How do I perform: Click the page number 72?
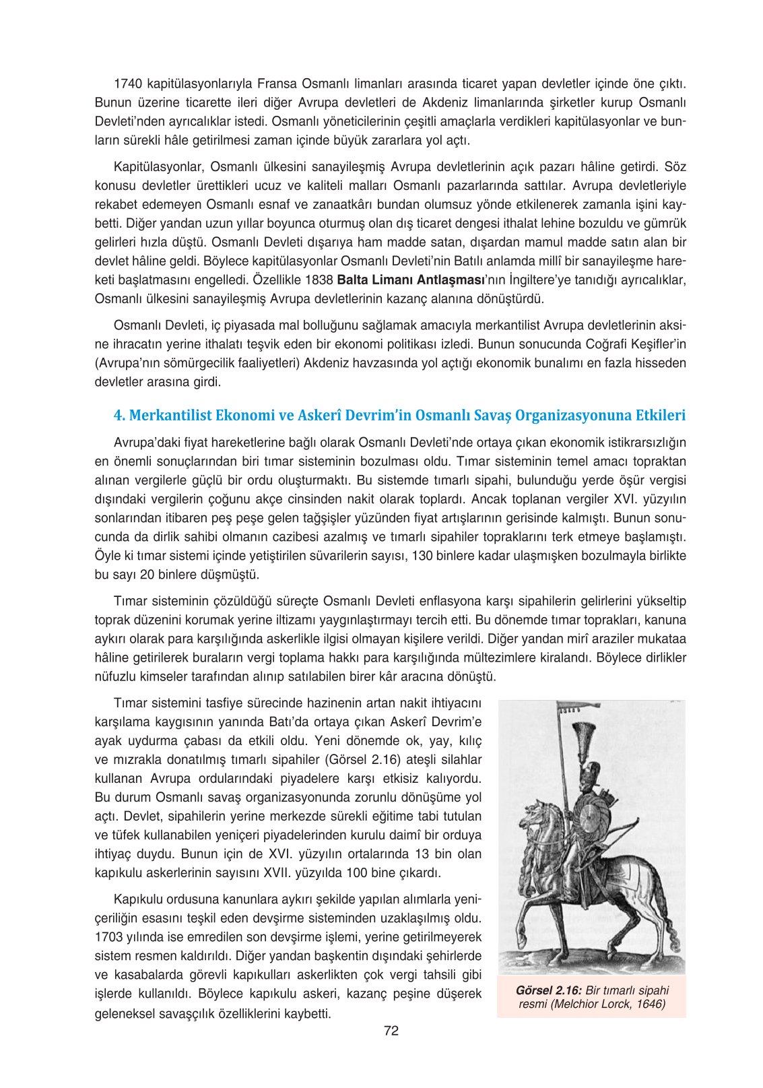tap(391, 1031)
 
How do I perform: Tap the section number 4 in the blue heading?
tap(119, 416)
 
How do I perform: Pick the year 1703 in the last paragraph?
tap(108, 937)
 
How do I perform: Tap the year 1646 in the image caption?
tap(651, 1004)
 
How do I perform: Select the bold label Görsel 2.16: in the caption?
tap(548, 990)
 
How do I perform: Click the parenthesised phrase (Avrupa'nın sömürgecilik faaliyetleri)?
tap(197, 363)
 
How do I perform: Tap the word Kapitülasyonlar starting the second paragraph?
tap(159, 167)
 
